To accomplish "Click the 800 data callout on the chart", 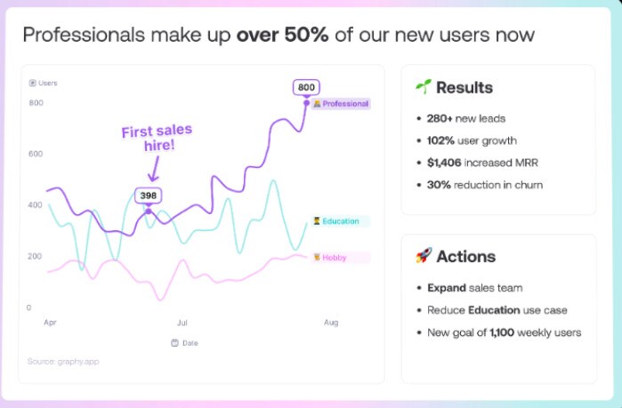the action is pos(306,87).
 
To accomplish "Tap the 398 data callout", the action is pos(148,196).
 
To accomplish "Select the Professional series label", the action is pos(341,104).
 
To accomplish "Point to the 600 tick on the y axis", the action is pos(36,154).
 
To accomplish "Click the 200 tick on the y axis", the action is pos(35,256).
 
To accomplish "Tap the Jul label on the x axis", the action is pos(182,323).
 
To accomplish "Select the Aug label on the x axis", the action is pos(331,323).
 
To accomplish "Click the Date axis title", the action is pos(185,343).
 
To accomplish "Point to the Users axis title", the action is pos(44,83).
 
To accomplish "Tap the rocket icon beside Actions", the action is pos(424,255).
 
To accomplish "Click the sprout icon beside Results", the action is pos(424,86).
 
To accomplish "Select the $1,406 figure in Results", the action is pos(444,163).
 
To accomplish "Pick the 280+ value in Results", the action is pos(440,118).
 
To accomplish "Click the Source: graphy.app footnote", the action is pos(63,361).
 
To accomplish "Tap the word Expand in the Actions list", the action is pos(447,288).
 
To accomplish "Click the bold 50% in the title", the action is pos(306,35).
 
